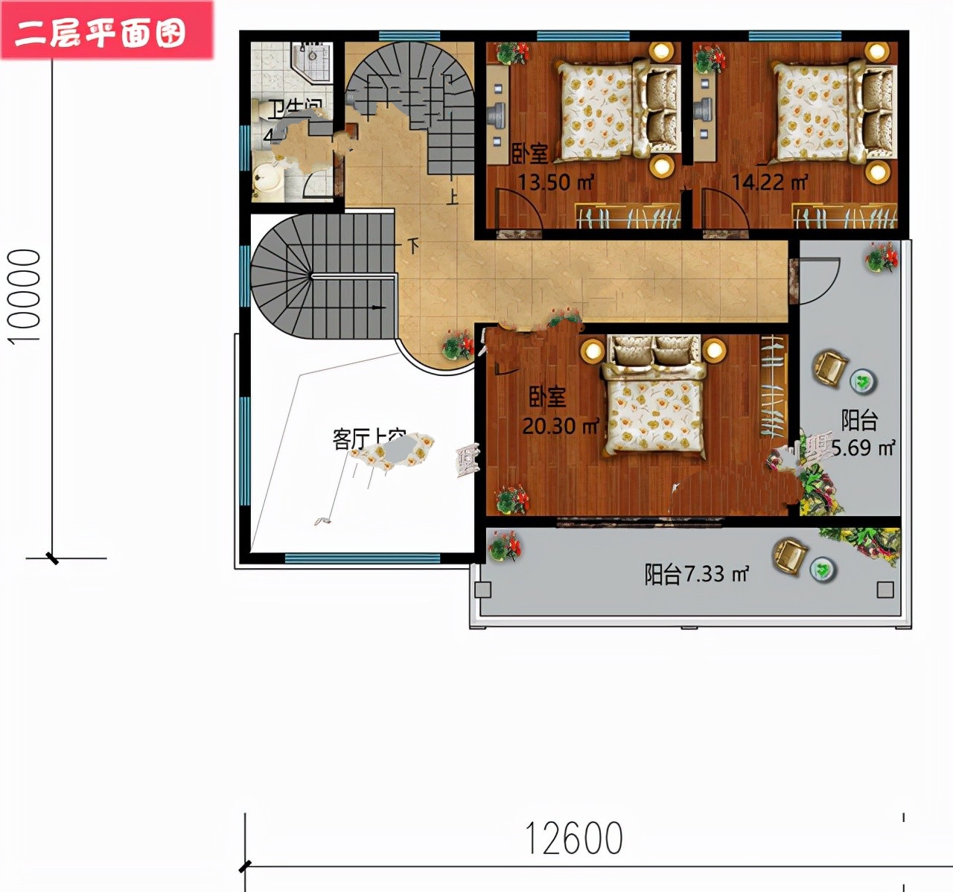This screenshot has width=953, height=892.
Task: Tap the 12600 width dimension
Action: point(573,838)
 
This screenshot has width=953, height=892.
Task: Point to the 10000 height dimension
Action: point(25,296)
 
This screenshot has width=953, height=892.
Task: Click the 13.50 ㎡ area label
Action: point(555,182)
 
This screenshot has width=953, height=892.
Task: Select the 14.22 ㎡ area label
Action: point(769,182)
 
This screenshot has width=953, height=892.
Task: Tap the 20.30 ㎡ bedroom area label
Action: point(560,426)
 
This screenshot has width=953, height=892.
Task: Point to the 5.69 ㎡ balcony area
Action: point(863,447)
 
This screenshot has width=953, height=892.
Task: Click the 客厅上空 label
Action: point(368,439)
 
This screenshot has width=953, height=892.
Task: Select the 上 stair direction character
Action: point(452,197)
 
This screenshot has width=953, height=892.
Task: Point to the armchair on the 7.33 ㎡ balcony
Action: point(789,555)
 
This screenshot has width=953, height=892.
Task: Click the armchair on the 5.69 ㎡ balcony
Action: point(829,367)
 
